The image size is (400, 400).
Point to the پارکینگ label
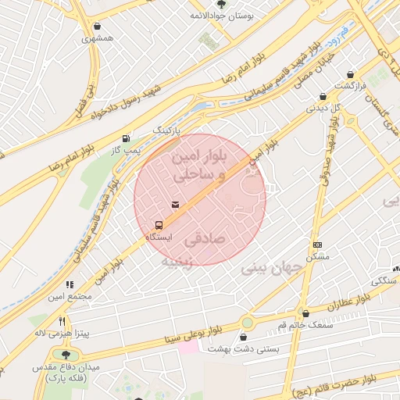166,127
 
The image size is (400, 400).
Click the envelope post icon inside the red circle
174,205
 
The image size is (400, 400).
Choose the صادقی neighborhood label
226,234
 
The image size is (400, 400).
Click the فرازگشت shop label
350,85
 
